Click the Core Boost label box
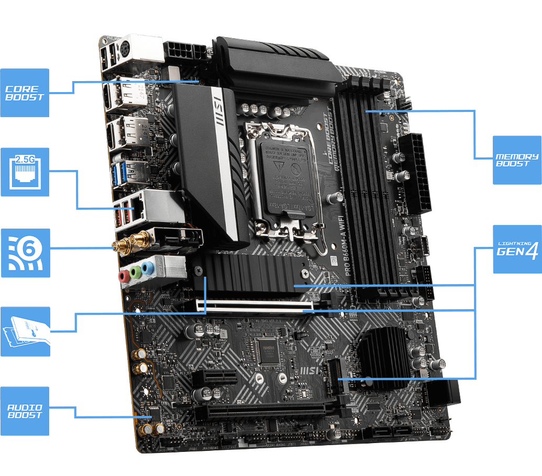click(x=25, y=93)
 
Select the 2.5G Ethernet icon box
click(x=25, y=172)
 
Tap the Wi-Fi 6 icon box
click(x=25, y=253)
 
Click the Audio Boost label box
click(x=25, y=411)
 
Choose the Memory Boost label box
click(x=517, y=160)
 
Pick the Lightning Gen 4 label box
click(x=517, y=250)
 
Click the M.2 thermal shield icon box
click(x=25, y=332)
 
